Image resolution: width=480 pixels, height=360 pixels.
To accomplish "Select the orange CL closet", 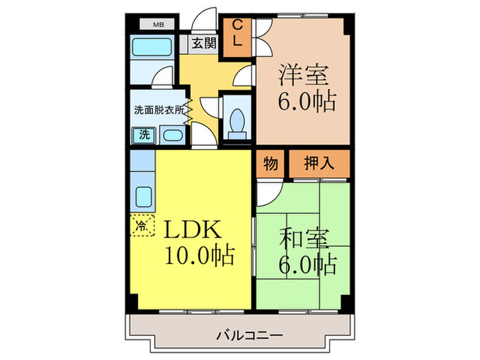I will [237, 33].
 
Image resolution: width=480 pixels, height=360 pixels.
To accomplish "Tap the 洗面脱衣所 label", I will [158, 109].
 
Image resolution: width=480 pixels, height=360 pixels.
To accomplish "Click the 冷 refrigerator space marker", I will [142, 224].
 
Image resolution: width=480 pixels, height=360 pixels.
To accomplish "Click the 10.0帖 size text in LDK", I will [199, 256].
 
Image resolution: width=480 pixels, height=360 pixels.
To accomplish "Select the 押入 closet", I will [318, 164].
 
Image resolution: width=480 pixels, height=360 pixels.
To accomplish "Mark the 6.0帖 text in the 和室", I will [307, 263].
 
